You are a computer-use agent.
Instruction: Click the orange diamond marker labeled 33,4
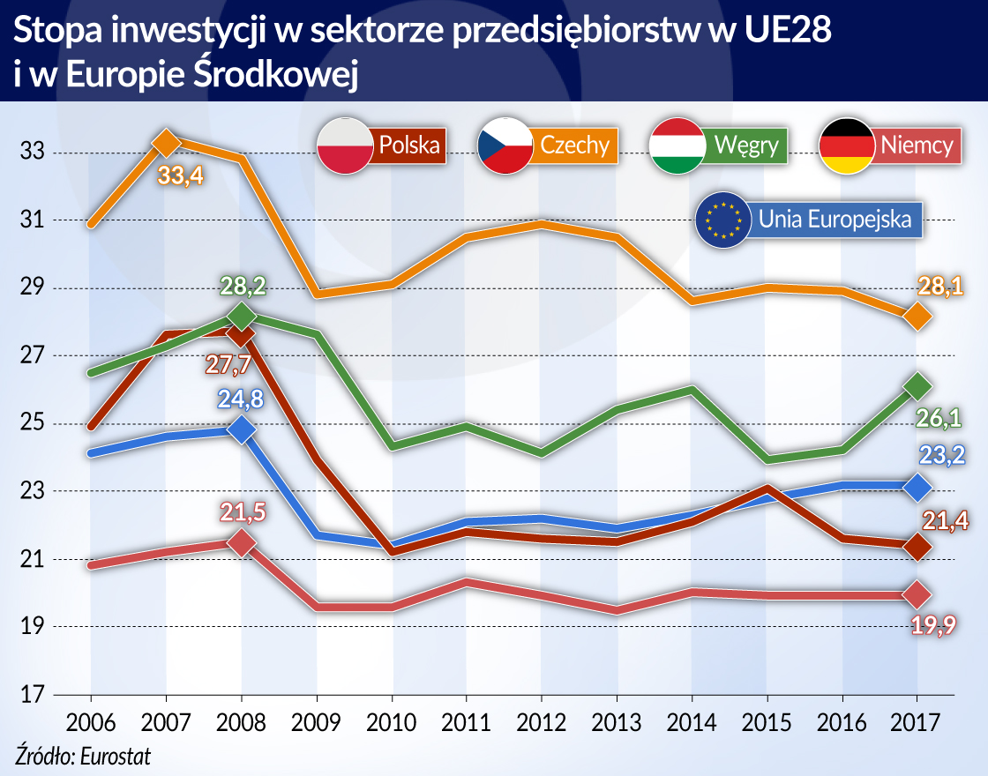pos(167,141)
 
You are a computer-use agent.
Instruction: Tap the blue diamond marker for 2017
pos(918,486)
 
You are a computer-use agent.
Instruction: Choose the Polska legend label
pos(408,145)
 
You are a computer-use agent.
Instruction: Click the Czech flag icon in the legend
pos(505,145)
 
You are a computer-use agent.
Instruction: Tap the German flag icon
pos(847,145)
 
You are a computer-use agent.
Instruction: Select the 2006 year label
pos(91,722)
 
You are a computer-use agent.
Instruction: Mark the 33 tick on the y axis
pos(33,153)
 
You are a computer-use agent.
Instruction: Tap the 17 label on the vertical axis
pos(33,695)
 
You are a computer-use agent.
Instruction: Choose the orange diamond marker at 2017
pos(918,316)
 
